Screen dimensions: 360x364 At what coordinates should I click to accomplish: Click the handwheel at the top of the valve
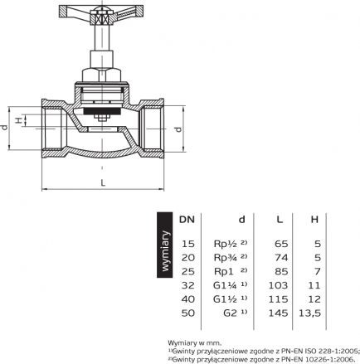(101, 14)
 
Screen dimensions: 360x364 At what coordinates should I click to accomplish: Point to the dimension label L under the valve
(103, 182)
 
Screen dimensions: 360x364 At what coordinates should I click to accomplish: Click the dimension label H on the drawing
(18, 120)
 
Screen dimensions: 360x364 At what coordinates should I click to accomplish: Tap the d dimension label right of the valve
(179, 129)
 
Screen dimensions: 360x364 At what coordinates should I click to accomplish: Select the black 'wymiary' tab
(165, 245)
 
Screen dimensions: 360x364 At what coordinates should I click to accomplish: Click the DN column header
(187, 220)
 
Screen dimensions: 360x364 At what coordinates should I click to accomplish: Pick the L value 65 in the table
(281, 244)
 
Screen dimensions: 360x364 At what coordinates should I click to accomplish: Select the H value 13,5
(309, 313)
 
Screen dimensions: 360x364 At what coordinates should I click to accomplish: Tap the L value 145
(278, 313)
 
